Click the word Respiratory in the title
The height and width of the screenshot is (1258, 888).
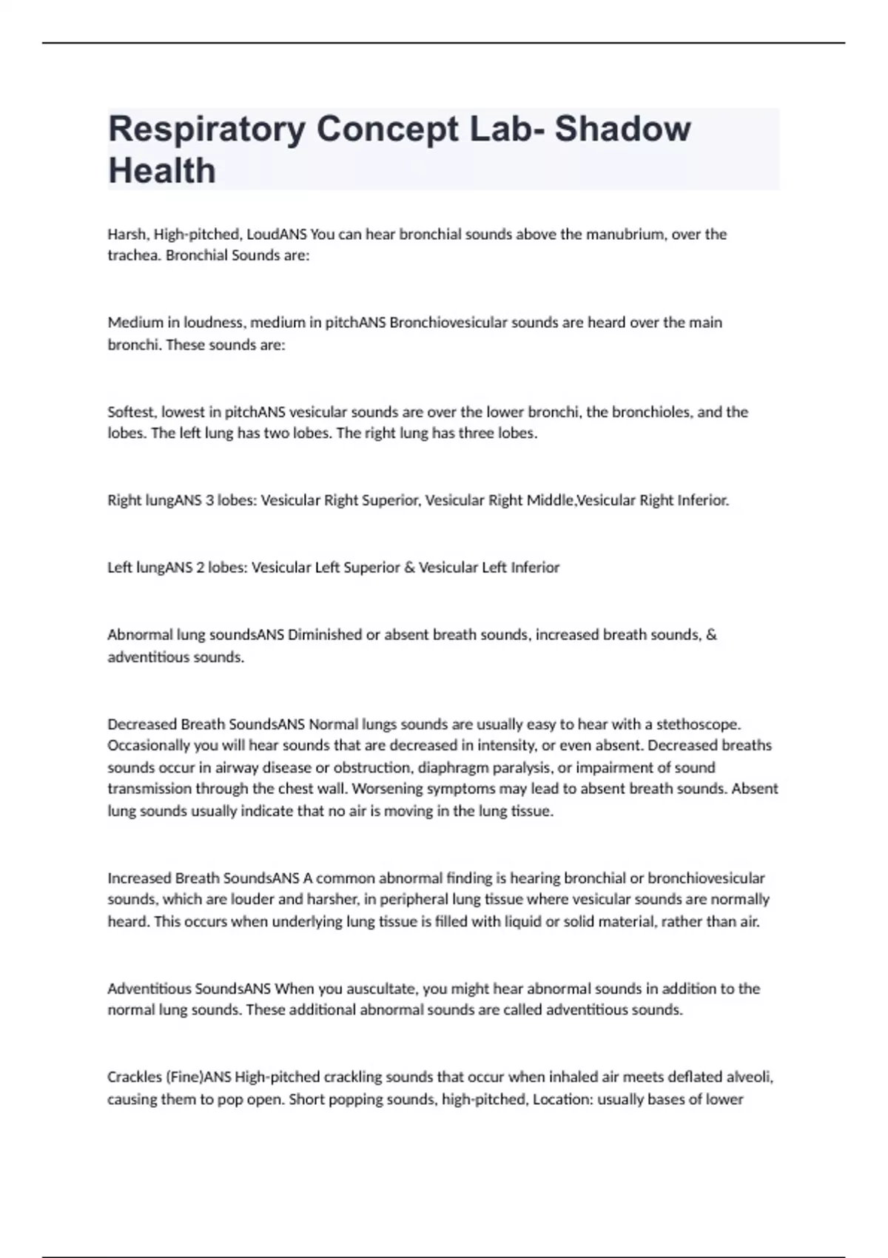pos(206,129)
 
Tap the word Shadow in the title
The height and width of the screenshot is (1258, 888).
pos(622,129)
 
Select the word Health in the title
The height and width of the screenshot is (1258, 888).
pos(162,171)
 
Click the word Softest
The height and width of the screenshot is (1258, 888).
pos(130,412)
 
